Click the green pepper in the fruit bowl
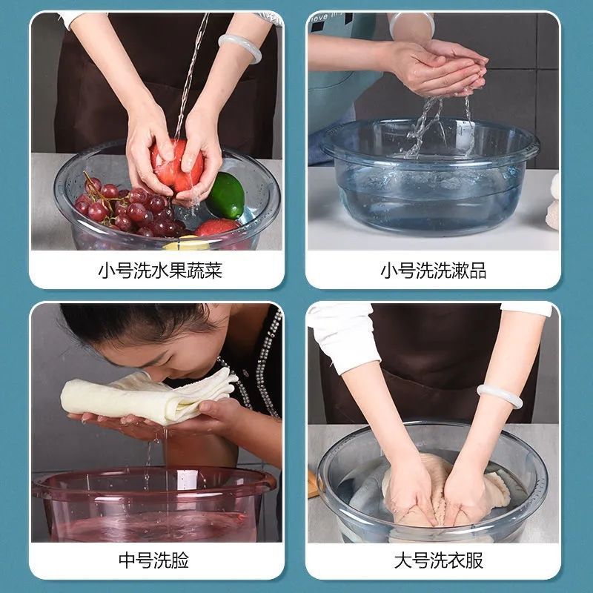pos(226,195)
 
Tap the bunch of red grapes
pos(128,209)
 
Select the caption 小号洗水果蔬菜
pos(160,271)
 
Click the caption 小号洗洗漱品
pos(433,271)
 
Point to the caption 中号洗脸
pos(154,560)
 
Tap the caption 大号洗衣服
pos(439,560)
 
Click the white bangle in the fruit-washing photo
pos(240,47)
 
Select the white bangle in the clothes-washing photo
pos(499,396)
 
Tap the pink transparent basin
pos(153,505)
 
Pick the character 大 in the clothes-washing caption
pos(403,560)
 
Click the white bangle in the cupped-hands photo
pos(411,23)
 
